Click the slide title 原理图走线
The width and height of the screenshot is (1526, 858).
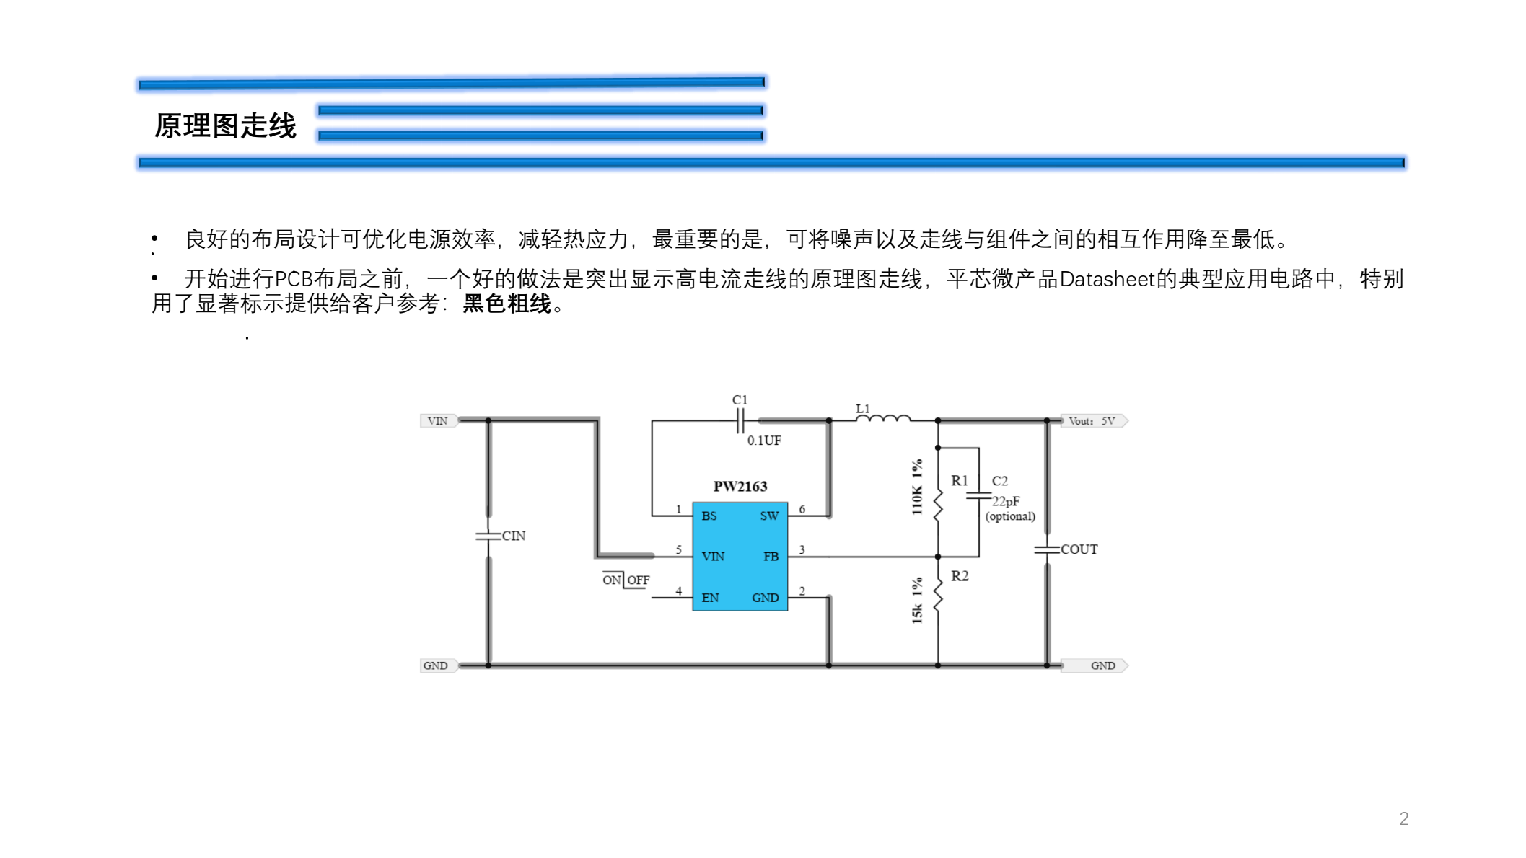(225, 125)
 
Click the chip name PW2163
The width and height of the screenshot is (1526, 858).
(740, 487)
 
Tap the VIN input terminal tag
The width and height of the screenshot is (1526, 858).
(438, 421)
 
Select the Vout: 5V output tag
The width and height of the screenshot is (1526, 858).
(1092, 421)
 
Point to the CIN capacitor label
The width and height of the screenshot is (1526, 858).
(514, 536)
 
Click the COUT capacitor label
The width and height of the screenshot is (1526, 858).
(1079, 549)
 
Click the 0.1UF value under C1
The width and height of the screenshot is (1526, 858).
(764, 441)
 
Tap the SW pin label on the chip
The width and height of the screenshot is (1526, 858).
(769, 516)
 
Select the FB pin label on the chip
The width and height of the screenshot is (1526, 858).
(771, 557)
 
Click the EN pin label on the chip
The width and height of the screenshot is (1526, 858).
(710, 598)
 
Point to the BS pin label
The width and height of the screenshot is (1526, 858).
(709, 516)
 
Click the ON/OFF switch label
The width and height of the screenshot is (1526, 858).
(626, 580)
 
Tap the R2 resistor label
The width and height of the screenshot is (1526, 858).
(960, 576)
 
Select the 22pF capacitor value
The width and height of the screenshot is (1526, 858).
(1006, 501)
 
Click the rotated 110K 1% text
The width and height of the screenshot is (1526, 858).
(917, 487)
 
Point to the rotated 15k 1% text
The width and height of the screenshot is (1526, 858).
(917, 600)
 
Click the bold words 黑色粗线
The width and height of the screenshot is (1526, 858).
(507, 304)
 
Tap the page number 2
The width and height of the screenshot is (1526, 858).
(1403, 818)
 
